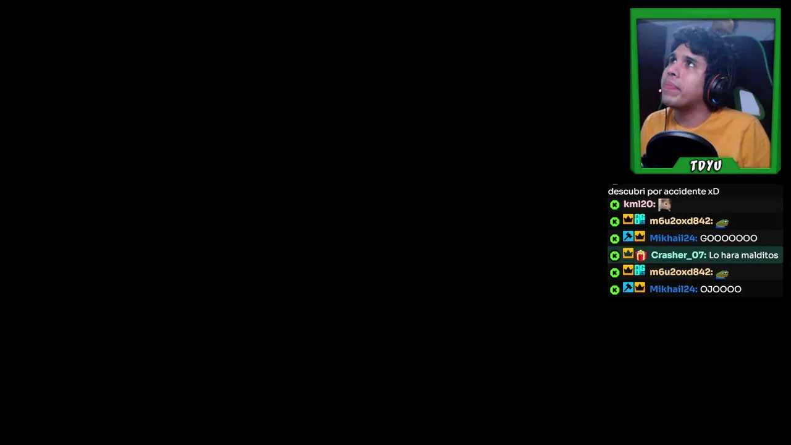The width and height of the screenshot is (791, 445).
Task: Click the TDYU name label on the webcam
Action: [706, 165]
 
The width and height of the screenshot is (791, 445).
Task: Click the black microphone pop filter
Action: [680, 149]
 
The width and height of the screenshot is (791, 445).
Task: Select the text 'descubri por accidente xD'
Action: [664, 192]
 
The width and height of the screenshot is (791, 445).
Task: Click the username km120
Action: [639, 204]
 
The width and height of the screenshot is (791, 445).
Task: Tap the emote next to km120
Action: [664, 205]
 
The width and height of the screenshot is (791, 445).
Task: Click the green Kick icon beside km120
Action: [614, 205]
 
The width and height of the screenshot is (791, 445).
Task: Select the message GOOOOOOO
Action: [729, 239]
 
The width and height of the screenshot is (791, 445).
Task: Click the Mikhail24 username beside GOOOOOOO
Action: [674, 239]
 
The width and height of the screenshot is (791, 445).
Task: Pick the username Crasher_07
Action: [679, 255]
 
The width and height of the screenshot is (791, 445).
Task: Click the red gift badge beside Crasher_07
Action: [641, 255]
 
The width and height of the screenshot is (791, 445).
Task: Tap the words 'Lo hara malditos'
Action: [743, 255]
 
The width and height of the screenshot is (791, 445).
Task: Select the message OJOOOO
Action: [721, 289]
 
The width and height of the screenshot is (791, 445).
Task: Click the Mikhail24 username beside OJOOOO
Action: [674, 289]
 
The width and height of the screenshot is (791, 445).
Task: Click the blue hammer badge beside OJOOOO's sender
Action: [628, 287]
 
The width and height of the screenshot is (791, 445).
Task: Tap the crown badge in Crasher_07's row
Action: [628, 253]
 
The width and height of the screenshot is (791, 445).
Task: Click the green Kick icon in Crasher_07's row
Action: [614, 256]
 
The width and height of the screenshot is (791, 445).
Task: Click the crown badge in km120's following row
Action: [628, 219]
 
